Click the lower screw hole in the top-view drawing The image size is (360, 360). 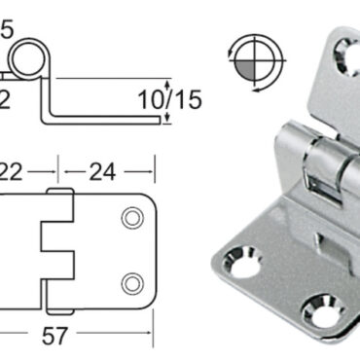point(129,283)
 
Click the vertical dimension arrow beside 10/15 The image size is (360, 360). point(169,102)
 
